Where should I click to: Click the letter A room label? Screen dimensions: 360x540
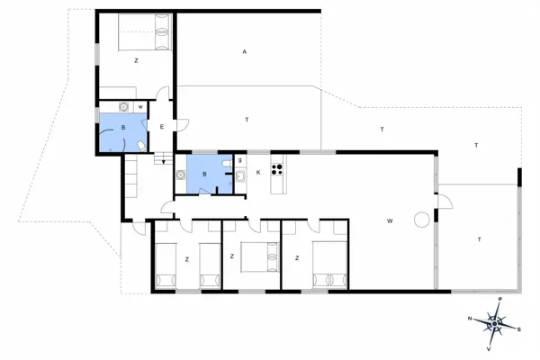pyautogui.click(x=244, y=52)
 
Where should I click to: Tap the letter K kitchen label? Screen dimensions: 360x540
pyautogui.click(x=257, y=172)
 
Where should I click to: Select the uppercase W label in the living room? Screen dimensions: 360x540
pyautogui.click(x=390, y=220)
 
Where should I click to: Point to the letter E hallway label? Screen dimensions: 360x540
pyautogui.click(x=162, y=127)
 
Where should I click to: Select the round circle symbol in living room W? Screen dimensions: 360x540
pyautogui.click(x=420, y=220)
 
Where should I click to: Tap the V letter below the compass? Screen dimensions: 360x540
pyautogui.click(x=489, y=347)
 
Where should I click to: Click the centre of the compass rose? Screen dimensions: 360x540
pyautogui.click(x=494, y=321)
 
